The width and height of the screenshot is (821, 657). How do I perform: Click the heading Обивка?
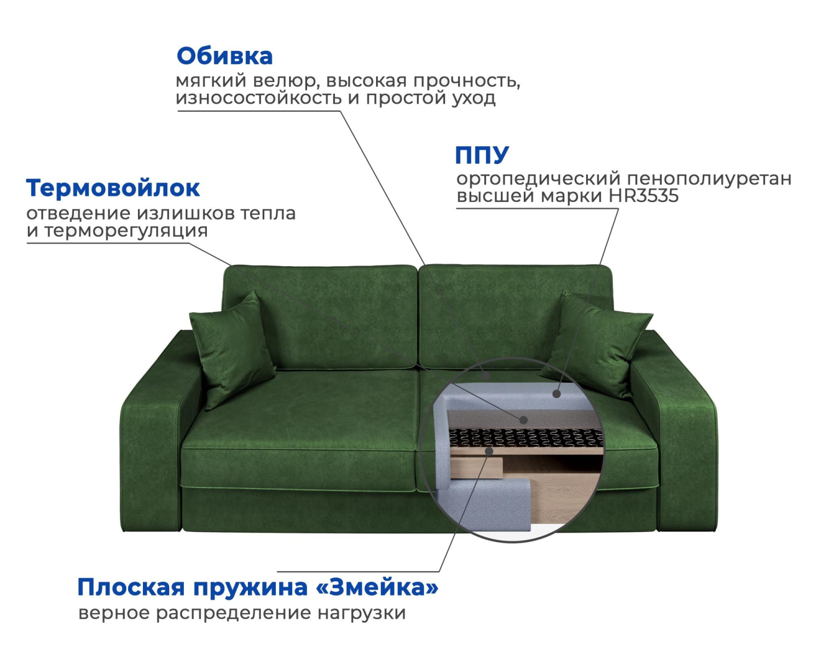225,56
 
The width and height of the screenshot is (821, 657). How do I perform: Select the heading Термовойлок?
113,188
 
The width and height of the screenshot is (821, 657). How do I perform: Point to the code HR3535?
644,196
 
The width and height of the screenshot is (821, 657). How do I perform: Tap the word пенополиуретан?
709,179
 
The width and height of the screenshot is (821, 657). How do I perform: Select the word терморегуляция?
126,231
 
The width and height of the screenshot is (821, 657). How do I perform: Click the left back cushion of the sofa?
321,318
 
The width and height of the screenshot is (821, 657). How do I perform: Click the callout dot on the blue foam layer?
557,394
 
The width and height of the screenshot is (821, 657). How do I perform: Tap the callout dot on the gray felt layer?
524,420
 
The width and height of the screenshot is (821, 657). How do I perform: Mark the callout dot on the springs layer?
489,451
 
